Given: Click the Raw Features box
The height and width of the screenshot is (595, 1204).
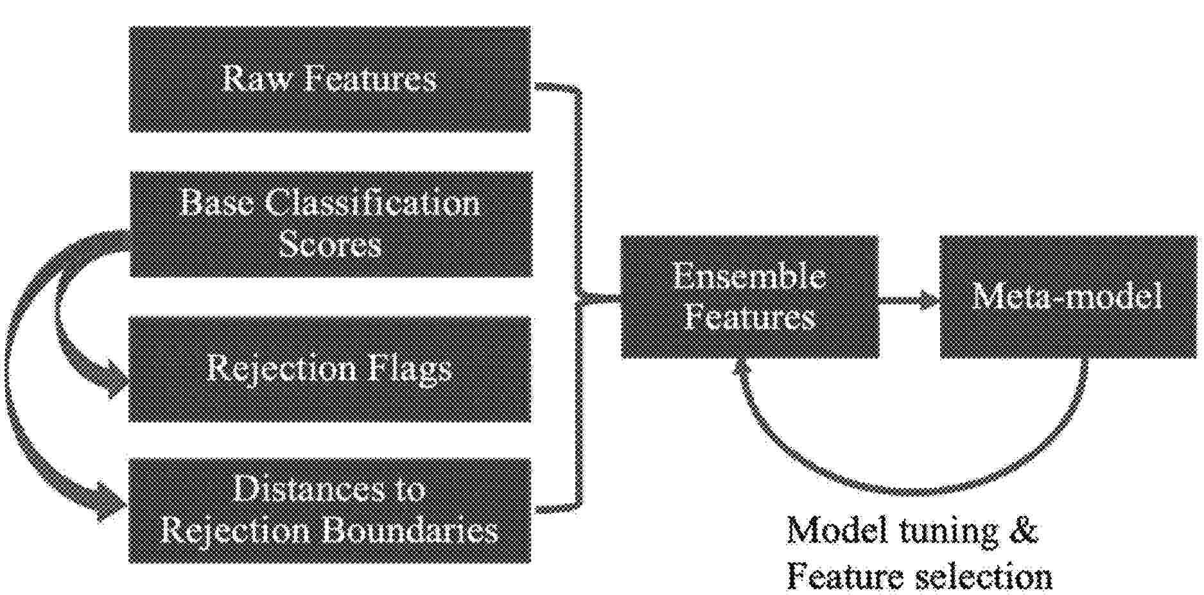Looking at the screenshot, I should [330, 79].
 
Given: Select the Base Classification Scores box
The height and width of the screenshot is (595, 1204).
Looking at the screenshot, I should [331, 224].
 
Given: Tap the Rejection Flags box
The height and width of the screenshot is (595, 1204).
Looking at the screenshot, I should [330, 369].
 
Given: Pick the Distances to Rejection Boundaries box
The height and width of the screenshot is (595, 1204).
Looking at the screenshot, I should [330, 510].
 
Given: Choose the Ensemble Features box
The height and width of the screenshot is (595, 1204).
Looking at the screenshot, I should [749, 297].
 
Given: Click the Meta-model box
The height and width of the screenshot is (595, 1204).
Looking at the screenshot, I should [1069, 297].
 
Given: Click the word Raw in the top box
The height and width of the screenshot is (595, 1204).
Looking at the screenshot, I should [254, 79].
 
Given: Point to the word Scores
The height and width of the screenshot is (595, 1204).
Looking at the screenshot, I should [331, 245].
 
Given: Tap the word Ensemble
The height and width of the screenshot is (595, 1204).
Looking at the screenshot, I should [749, 277].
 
